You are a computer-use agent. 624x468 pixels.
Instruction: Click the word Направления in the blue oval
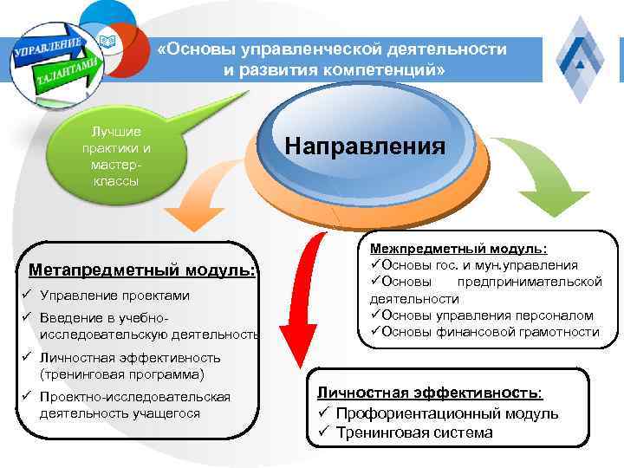coord(365,145)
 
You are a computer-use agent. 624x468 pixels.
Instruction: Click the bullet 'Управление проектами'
coord(114,296)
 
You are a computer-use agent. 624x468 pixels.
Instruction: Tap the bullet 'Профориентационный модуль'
coord(446,413)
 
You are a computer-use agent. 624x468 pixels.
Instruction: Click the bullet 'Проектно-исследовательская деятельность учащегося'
coord(134,405)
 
